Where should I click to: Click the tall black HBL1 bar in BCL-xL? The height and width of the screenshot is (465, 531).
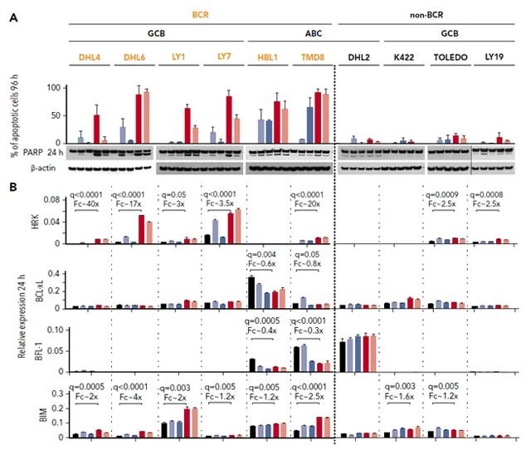251,292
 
